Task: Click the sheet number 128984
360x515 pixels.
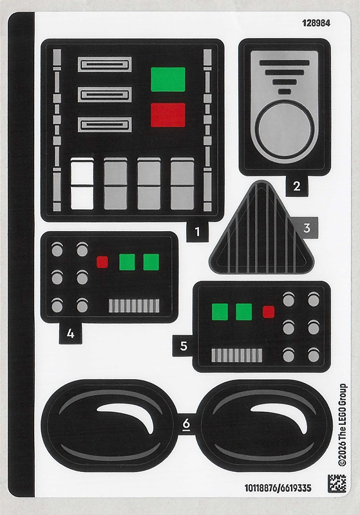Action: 316,23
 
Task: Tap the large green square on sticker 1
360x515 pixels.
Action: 168,79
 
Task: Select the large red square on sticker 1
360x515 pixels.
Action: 168,115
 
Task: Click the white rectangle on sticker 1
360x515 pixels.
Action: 82,184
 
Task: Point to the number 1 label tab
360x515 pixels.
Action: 197,232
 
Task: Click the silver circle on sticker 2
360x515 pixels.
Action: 284,129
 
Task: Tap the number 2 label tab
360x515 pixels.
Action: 297,186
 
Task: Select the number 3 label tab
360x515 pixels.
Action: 307,228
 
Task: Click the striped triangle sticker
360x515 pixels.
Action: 261,233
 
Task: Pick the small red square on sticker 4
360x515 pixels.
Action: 102,262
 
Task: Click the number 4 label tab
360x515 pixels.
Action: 70,333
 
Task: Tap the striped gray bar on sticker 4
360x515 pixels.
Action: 134,306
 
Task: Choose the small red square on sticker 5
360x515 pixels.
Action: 269,312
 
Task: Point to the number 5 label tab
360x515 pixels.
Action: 184,346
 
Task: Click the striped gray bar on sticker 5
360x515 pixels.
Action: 237,355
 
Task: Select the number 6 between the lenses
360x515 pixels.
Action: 186,424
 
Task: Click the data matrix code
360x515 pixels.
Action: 337,483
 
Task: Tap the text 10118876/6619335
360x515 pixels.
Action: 278,488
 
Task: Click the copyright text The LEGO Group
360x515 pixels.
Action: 342,424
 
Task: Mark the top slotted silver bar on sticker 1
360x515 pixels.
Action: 105,64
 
